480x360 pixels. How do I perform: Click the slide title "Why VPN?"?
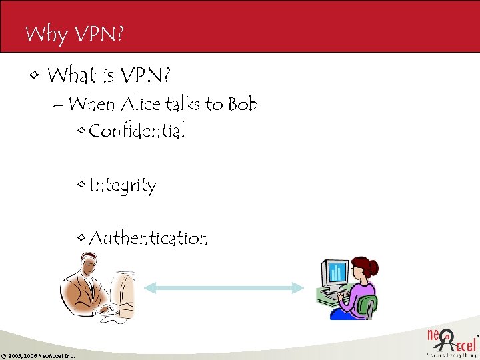click(74, 33)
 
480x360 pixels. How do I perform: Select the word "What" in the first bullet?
click(72, 75)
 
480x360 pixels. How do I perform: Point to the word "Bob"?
click(243, 104)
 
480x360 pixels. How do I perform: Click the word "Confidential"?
click(137, 131)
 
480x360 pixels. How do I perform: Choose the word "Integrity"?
click(123, 185)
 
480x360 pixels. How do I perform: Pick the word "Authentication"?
click(148, 238)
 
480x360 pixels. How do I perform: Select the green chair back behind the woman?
click(367, 307)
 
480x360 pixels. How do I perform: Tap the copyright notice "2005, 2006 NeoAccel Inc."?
click(41, 355)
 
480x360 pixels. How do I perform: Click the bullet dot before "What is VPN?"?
click(33, 75)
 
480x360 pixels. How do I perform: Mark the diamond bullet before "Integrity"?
click(81, 185)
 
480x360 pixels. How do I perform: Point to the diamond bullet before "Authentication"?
click(81, 238)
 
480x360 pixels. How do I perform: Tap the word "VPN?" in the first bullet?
click(147, 75)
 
